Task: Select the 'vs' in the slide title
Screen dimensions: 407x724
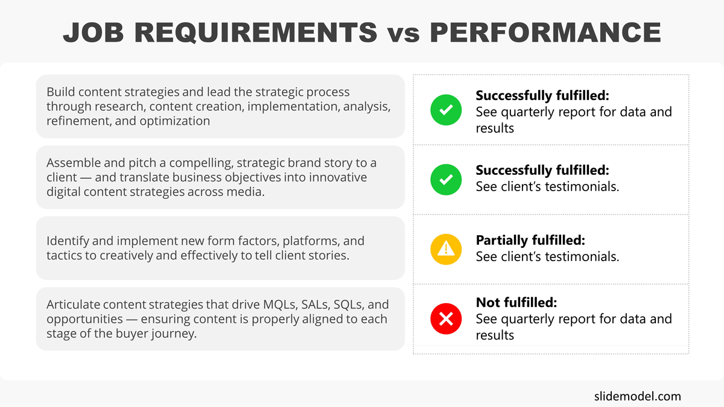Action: click(x=402, y=34)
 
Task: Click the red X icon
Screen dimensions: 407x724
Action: click(x=446, y=319)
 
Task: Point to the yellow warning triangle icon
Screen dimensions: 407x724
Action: click(x=446, y=248)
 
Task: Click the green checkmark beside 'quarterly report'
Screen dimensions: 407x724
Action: click(x=446, y=110)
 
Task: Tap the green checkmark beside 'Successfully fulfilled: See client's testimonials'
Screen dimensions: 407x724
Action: click(x=446, y=179)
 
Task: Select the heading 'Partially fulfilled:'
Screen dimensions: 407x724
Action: click(x=530, y=240)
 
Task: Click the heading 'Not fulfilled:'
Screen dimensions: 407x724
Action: click(x=516, y=302)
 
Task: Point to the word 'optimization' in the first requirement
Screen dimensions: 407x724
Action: click(x=174, y=121)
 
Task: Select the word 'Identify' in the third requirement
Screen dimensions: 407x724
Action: click(x=67, y=241)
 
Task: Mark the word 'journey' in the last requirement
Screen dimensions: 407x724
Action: click(x=176, y=333)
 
